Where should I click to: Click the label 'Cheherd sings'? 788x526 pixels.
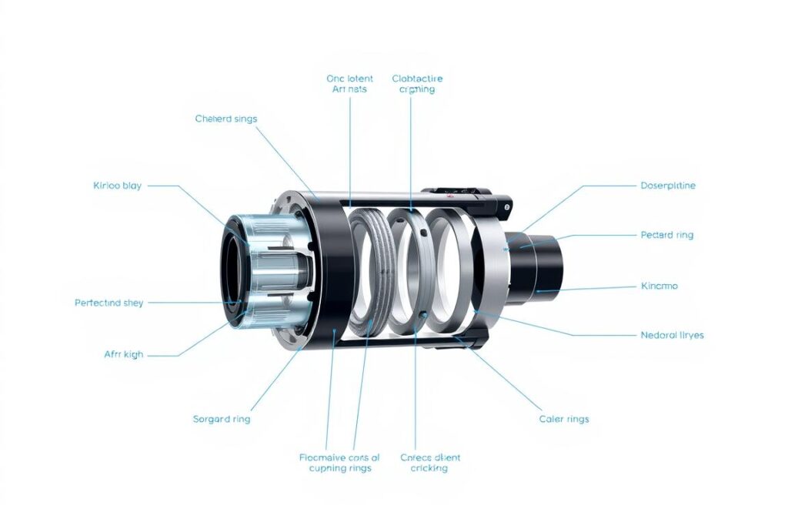[x=226, y=119]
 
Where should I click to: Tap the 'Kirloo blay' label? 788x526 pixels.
[x=117, y=186]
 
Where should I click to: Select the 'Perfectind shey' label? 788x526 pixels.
[x=109, y=303]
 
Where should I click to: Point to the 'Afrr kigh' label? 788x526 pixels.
[x=123, y=354]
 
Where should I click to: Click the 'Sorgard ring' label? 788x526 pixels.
[x=221, y=419]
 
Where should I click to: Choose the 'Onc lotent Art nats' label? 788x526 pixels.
[x=349, y=84]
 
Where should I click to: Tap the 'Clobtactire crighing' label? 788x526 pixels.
[x=417, y=84]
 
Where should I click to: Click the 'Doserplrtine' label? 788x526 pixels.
[x=668, y=186]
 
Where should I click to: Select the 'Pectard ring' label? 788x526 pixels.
[x=666, y=235]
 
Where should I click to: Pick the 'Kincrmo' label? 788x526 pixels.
[x=659, y=286]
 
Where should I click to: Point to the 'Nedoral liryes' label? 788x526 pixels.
[x=672, y=335]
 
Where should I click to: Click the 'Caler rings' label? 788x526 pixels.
[x=564, y=419]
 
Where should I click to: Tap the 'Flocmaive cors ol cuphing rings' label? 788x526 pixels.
[x=339, y=463]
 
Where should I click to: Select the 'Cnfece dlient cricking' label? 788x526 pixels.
[x=429, y=463]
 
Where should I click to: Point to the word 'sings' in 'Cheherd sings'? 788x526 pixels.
[x=243, y=119]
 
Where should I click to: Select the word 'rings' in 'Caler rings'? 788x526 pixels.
[x=576, y=419]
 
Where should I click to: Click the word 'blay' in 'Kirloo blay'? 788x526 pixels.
[x=132, y=186]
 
